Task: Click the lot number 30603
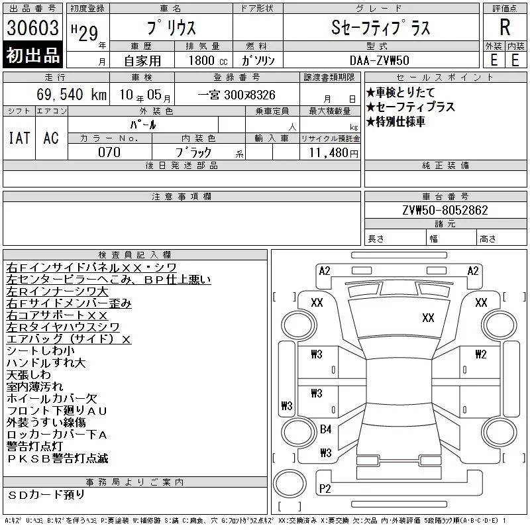pyautogui.click(x=32, y=28)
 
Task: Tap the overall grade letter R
pyautogui.click(x=505, y=27)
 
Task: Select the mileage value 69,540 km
pyautogui.click(x=72, y=94)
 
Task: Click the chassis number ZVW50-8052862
pyautogui.click(x=445, y=210)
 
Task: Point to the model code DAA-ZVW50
pyautogui.click(x=380, y=60)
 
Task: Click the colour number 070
pyautogui.click(x=109, y=152)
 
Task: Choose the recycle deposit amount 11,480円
pyautogui.click(x=333, y=153)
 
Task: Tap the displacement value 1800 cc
pyautogui.click(x=208, y=60)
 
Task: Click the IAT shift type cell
pyautogui.click(x=19, y=138)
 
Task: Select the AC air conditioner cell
pyautogui.click(x=51, y=138)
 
